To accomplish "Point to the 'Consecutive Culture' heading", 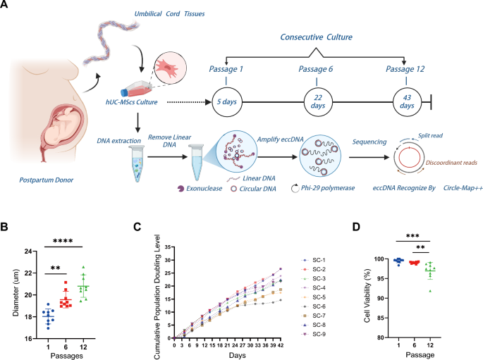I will [317, 36].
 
